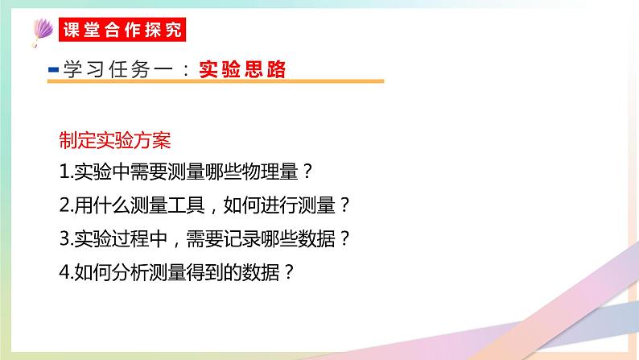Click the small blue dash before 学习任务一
pos(53,71)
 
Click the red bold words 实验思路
pos(242,71)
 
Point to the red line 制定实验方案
pos(114,139)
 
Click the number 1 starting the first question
pos(64,172)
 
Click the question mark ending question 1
pos(303,172)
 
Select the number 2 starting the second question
pos(64,205)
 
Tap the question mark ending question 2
pos(344,205)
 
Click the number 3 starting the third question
pos(64,239)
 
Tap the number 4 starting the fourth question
pos(64,272)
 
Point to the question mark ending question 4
pos(290,272)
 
